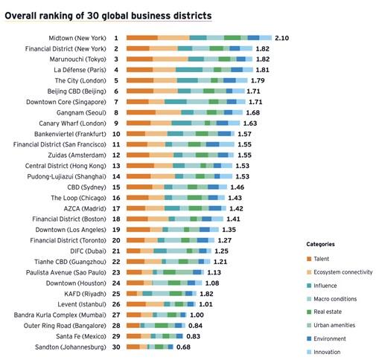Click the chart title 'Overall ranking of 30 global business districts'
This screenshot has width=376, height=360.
(107, 15)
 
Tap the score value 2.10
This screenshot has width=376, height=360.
(281, 37)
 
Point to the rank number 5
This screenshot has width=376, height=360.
(116, 80)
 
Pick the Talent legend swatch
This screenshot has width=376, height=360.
(308, 259)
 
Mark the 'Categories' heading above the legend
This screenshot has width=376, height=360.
(320, 244)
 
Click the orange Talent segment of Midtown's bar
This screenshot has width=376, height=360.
(141, 37)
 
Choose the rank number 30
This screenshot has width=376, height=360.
(116, 347)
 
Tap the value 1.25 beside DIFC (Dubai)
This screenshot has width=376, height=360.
(220, 251)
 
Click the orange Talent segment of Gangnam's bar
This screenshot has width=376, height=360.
(141, 112)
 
